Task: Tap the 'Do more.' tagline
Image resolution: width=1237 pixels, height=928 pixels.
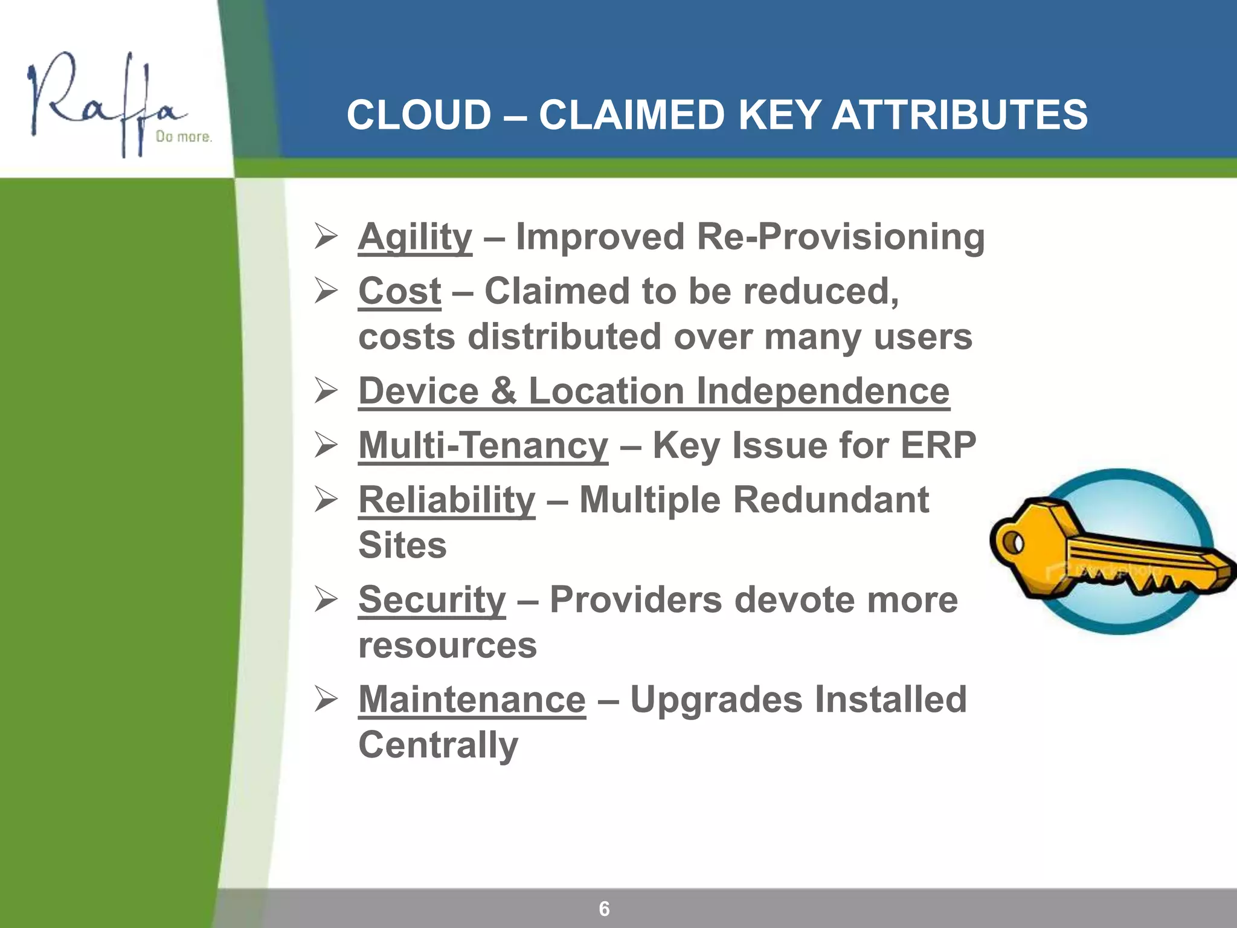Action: coord(184,137)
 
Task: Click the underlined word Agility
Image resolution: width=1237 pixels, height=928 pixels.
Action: coord(415,237)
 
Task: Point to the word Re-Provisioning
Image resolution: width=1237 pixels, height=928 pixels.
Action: coord(840,237)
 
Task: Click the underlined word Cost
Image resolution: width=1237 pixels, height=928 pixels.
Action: coord(399,291)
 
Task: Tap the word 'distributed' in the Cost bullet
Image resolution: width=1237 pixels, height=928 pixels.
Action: coord(564,337)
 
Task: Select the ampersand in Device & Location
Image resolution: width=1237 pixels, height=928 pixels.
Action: coord(503,391)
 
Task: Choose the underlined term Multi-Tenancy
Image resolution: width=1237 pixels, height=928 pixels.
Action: coord(483,446)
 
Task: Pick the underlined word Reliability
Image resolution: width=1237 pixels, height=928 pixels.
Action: coord(446,500)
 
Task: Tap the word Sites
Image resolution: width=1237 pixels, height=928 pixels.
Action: coord(402,546)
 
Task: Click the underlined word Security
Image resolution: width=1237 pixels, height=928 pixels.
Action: coord(432,600)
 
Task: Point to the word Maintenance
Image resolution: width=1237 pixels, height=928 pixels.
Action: coord(472,700)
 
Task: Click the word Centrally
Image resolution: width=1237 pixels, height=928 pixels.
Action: coord(438,745)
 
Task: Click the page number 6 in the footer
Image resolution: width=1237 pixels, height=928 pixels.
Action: coord(604,909)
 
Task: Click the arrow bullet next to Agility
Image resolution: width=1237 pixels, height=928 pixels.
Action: coord(326,236)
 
